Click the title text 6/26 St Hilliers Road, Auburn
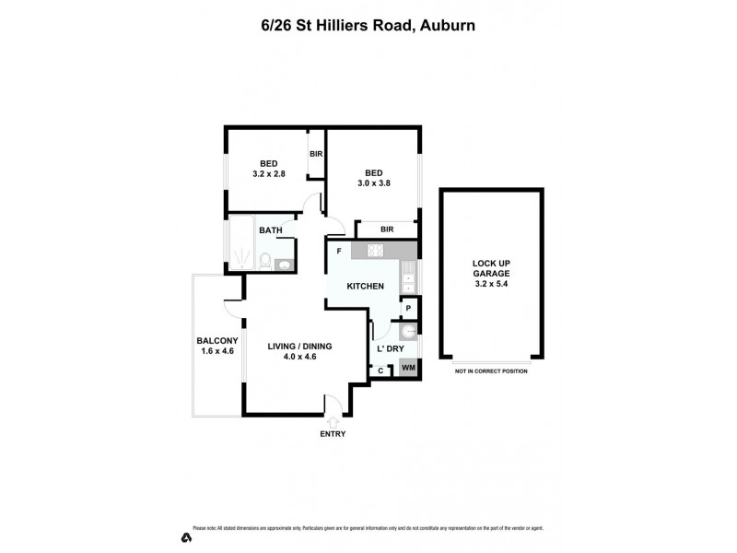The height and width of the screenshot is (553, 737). click(368, 27)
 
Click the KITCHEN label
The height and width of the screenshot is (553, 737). click(365, 287)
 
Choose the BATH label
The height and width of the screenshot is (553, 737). click(270, 230)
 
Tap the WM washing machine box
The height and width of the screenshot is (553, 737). click(408, 370)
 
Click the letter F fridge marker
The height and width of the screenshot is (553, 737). click(339, 250)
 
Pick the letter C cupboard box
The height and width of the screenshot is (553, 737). click(381, 370)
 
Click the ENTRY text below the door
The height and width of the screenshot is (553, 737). click(333, 433)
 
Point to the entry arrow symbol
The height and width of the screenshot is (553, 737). click(333, 419)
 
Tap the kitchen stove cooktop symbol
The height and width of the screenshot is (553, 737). click(375, 250)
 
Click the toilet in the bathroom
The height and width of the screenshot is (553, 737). click(264, 262)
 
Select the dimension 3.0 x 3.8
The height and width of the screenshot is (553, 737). click(373, 182)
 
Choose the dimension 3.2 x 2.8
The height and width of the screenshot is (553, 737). click(268, 173)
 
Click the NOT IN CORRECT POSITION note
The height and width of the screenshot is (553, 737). click(490, 371)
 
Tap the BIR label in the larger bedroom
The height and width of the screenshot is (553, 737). click(387, 229)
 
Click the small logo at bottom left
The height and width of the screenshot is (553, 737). click(185, 536)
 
